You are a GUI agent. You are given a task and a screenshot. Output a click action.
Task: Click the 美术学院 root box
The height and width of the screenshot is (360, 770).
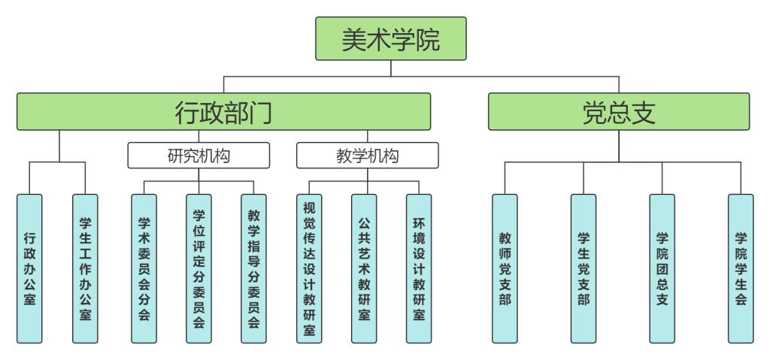[x=390, y=39]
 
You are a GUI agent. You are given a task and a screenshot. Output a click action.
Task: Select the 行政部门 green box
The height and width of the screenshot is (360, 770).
[x=223, y=112]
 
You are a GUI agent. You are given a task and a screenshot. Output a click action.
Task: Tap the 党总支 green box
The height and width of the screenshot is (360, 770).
[x=619, y=112]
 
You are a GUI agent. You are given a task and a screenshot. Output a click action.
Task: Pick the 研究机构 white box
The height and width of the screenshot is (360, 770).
[x=198, y=156]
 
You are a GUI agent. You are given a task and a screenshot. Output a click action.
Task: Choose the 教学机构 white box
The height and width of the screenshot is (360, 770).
[x=367, y=156]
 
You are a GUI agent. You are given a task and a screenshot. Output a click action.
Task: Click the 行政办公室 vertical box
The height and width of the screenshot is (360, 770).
[x=29, y=268]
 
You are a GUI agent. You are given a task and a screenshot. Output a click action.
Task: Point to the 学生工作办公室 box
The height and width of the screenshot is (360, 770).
[x=86, y=268]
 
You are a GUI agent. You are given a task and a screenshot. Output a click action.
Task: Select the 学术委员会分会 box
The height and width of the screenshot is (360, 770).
[x=143, y=268]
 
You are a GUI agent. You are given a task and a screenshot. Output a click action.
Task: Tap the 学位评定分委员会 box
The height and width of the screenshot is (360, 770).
[x=199, y=268]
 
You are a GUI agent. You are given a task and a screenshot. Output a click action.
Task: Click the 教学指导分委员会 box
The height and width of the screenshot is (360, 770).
[x=253, y=268]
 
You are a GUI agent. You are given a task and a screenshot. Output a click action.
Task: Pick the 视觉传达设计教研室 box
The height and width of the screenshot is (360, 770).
[x=309, y=268]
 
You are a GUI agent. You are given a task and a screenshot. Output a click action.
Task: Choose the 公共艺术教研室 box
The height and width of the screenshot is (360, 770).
[x=364, y=268]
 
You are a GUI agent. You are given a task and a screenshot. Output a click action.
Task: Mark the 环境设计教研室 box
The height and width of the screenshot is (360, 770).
[x=419, y=268]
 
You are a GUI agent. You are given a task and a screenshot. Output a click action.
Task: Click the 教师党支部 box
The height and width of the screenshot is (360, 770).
[x=505, y=268]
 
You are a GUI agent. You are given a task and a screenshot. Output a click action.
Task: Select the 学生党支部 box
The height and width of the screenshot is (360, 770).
[x=583, y=268]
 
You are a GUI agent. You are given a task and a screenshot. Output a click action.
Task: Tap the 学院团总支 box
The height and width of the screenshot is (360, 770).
[x=662, y=268]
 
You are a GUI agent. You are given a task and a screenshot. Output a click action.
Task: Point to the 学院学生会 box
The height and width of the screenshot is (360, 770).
[x=741, y=268]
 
